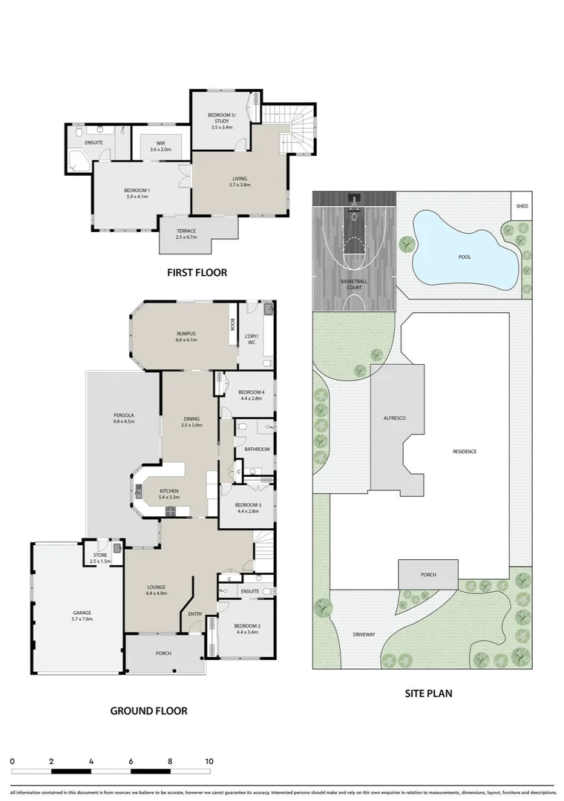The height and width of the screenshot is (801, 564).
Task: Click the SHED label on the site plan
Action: (x=522, y=205)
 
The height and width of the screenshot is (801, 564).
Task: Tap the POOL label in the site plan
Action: (x=465, y=257)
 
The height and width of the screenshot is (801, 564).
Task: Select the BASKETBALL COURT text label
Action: (x=354, y=284)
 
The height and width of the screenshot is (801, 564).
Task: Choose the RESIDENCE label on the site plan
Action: (x=464, y=452)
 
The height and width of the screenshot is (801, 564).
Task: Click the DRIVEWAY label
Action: (x=364, y=634)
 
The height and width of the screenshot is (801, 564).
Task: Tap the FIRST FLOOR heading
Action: (x=197, y=272)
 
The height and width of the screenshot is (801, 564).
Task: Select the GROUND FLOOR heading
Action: (x=148, y=711)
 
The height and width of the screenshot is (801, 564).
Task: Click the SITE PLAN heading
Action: (x=428, y=694)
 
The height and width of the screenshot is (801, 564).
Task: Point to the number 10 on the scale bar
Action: (x=209, y=761)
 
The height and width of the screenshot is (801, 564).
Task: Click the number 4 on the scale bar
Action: (x=91, y=761)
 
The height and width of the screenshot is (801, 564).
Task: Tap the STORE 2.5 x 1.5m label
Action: (x=100, y=558)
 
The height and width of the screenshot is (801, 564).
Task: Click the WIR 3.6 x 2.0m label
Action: (x=160, y=146)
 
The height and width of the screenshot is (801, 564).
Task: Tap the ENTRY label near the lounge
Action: (x=195, y=613)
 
